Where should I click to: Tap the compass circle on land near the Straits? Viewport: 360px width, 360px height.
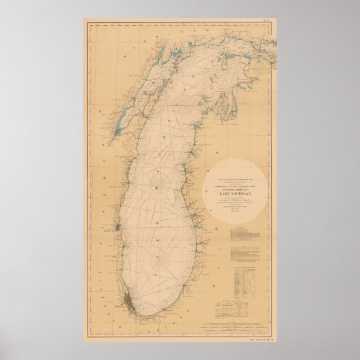(260, 69)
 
